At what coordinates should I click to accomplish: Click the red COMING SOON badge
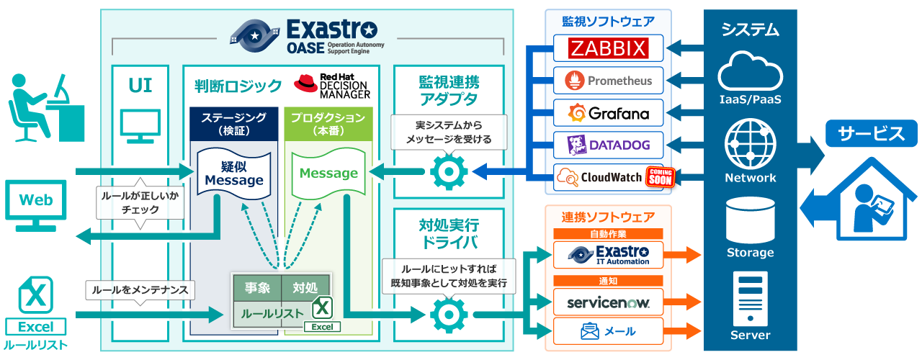[660, 177]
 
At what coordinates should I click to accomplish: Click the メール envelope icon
[591, 331]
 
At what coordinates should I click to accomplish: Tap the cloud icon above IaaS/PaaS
[750, 71]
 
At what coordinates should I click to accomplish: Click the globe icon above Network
[750, 144]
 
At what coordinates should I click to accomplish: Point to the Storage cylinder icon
[750, 220]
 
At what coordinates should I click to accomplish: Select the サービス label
[870, 133]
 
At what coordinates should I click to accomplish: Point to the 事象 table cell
[257, 288]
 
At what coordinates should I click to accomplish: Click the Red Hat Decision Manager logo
[332, 85]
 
